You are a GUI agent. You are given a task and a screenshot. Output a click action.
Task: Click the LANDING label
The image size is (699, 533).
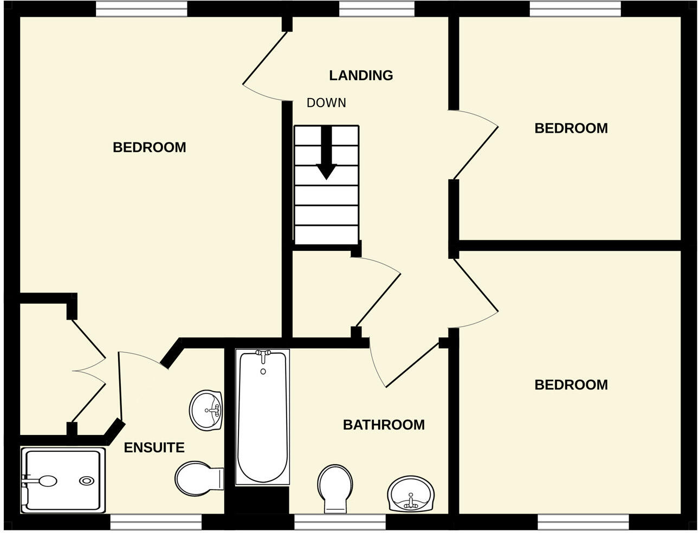coord(361,75)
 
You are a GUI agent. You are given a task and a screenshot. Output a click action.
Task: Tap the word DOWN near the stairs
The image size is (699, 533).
coord(326,103)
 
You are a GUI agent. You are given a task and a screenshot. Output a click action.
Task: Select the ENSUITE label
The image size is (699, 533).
coord(154,447)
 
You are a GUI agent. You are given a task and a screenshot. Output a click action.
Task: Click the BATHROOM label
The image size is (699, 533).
coord(384,425)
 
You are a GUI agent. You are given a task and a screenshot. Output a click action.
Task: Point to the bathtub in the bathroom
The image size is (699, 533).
coord(262,417)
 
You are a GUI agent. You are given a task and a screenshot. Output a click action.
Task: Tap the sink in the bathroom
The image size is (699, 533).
coord(411,494)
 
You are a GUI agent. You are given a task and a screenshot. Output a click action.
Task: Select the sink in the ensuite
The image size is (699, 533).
coord(205,410)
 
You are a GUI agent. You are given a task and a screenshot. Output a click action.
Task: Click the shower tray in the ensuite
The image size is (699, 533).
coord(62,480)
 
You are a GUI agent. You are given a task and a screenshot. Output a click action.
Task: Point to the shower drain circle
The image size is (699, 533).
coord(86,480)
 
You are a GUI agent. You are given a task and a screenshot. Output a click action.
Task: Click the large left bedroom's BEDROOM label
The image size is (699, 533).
coord(149,147)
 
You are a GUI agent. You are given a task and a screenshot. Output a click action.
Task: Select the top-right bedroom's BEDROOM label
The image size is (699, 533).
coord(571,128)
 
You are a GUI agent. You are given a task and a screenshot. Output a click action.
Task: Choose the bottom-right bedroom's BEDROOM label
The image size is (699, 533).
coord(571,385)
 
